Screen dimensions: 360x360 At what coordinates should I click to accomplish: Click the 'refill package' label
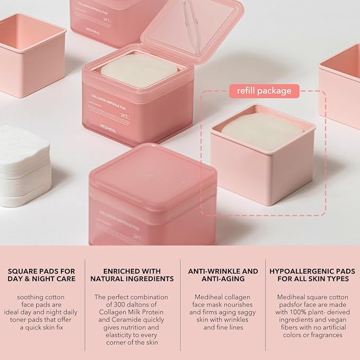[x=261, y=91]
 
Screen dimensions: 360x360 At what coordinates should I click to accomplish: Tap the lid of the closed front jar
[x=154, y=173]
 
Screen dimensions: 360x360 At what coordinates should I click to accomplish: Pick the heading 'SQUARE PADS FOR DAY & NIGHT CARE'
[x=42, y=275]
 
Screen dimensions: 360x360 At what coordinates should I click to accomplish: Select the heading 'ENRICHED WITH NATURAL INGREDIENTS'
[x=132, y=275]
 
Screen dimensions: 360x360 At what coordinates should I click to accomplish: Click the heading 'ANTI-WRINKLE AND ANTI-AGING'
[x=223, y=275]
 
